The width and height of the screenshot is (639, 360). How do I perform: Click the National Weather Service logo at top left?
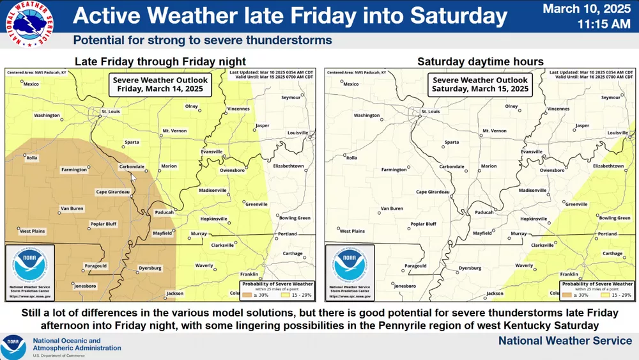pos(28,24)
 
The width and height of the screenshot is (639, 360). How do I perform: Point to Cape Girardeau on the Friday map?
pos(112,192)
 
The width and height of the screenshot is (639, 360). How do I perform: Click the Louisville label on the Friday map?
pos(298,132)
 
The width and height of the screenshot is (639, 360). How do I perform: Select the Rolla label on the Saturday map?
pos(351,158)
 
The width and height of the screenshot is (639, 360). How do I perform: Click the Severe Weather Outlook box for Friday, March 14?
pos(160,84)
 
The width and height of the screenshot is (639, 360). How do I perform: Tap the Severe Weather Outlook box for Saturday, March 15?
pos(480,84)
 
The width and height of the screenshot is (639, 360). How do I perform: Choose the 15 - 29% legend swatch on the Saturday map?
pos(602,295)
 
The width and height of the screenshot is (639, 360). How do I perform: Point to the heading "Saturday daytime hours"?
pos(480,62)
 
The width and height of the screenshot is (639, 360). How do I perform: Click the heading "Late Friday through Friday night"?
pos(160,62)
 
